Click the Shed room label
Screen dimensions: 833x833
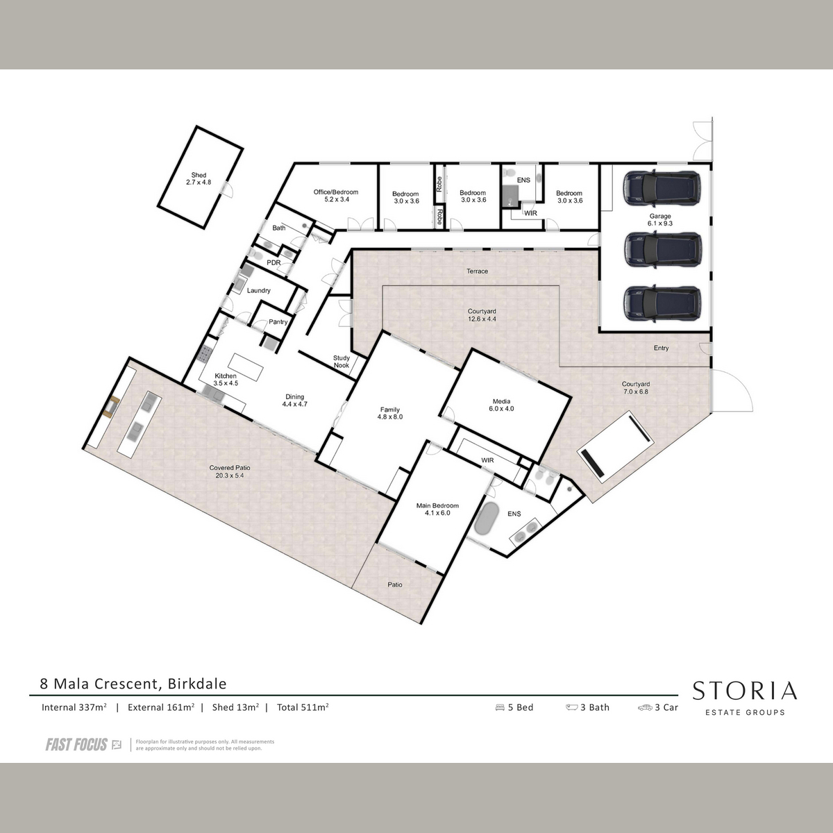tap(199, 178)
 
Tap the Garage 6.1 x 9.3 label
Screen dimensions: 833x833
tap(659, 219)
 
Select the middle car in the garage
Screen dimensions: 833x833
tap(662, 250)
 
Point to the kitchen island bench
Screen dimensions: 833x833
tap(246, 367)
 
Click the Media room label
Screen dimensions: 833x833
tap(501, 405)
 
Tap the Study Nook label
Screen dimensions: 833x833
tap(341, 362)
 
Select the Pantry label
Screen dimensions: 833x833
tap(278, 321)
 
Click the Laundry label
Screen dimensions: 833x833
tap(258, 290)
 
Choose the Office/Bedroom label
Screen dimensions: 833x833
tap(336, 196)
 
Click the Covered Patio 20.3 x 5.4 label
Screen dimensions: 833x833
tap(230, 471)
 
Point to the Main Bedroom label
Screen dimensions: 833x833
tap(437, 510)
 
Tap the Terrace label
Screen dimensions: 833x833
tap(477, 271)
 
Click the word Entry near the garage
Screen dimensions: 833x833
tap(661, 348)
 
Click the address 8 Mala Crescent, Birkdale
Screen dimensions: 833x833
tap(133, 684)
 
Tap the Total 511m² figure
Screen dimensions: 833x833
tap(303, 707)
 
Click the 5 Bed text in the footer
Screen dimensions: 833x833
tap(514, 707)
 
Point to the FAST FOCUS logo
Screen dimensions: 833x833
tap(83, 744)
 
